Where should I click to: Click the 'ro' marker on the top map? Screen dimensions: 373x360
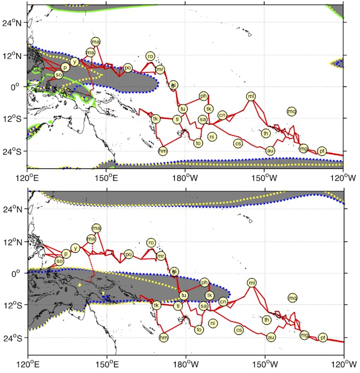(150, 56)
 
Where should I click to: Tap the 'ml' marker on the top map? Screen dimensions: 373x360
(251, 96)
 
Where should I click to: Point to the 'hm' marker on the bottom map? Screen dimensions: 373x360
(164, 337)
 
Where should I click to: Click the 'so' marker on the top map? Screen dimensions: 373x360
(59, 75)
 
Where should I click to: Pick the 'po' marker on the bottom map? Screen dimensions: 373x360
(128, 255)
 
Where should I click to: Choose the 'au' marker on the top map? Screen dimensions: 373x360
(270, 151)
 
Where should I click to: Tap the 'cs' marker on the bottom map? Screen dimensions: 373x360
(239, 330)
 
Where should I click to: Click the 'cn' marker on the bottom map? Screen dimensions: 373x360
(222, 301)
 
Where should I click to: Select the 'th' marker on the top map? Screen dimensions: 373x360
(265, 133)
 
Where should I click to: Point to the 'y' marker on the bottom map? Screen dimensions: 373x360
(75, 248)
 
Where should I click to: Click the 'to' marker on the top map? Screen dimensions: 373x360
(198, 143)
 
